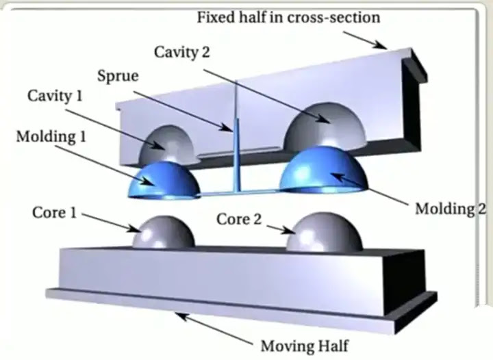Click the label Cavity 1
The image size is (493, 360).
[x=55, y=96]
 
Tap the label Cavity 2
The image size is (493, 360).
[x=181, y=52]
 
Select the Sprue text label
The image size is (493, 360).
[x=118, y=77]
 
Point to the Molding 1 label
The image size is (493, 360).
[x=51, y=137]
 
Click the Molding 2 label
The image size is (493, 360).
[x=451, y=209]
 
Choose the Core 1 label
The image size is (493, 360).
[x=54, y=213]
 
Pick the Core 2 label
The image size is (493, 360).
[x=239, y=219]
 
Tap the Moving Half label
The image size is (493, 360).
[x=305, y=346]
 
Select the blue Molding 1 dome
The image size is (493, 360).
[x=164, y=181]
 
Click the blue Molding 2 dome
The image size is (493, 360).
[x=323, y=170]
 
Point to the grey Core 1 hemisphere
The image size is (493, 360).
[x=164, y=232]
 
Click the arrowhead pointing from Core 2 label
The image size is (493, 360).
[x=290, y=231]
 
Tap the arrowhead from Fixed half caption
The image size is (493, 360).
[x=381, y=45]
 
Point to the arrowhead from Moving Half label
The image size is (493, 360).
[x=181, y=316]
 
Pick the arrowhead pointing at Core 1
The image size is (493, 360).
[x=135, y=229]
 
